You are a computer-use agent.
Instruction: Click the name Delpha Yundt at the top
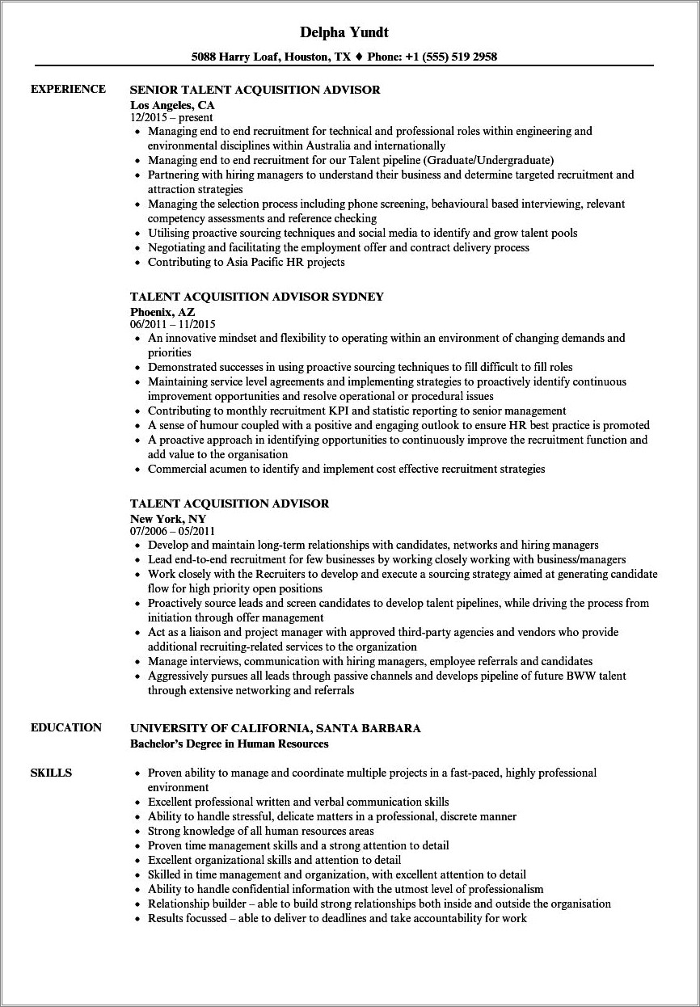[344, 33]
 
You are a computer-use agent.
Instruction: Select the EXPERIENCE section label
[68, 89]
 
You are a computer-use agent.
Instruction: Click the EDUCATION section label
[66, 727]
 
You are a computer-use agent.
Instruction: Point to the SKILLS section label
[51, 773]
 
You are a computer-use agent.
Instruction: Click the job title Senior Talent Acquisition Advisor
[255, 90]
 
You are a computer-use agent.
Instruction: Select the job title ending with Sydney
[256, 297]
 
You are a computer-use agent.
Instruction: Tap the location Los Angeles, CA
[172, 104]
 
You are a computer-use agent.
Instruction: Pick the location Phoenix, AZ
[162, 311]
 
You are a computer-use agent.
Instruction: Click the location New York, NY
[167, 518]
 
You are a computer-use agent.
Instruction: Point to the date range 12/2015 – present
[171, 117]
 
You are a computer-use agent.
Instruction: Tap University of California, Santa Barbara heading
[275, 728]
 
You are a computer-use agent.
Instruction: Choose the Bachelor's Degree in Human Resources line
[230, 743]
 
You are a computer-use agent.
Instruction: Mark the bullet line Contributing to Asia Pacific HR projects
[246, 262]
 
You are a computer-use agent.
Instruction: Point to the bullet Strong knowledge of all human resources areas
[260, 831]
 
